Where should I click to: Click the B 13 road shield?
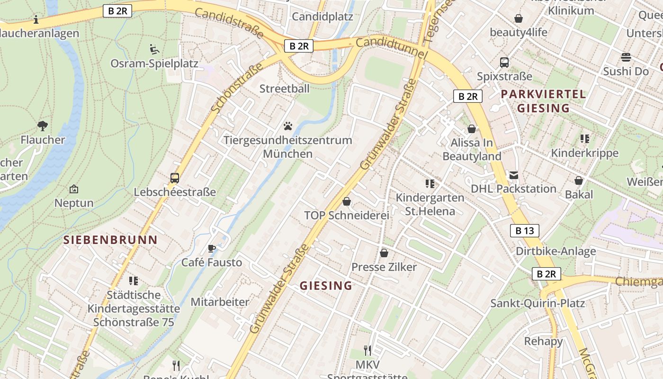pyautogui.click(x=524, y=231)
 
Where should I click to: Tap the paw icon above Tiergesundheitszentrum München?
pyautogui.click(x=288, y=126)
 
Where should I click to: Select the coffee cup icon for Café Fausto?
pyautogui.click(x=212, y=248)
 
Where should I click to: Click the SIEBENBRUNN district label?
pyautogui.click(x=110, y=240)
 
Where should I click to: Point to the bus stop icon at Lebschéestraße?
pyautogui.click(x=175, y=178)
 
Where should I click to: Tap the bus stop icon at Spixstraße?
pyautogui.click(x=504, y=62)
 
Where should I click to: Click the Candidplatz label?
pyautogui.click(x=322, y=17)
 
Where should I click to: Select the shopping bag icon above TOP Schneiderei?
pyautogui.click(x=347, y=201)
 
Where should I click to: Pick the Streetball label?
pyautogui.click(x=284, y=89)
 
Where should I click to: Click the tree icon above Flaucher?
pyautogui.click(x=43, y=126)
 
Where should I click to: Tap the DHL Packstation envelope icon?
pyautogui.click(x=513, y=175)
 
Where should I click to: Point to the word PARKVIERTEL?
pyautogui.click(x=543, y=94)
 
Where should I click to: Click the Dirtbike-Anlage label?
pyautogui.click(x=555, y=251)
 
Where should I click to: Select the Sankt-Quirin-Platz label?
pyautogui.click(x=538, y=303)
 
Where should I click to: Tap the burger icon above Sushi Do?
pyautogui.click(x=626, y=57)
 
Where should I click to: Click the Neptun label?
pyautogui.click(x=74, y=203)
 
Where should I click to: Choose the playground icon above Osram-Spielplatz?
pyautogui.click(x=154, y=49)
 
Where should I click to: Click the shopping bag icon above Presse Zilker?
pyautogui.click(x=384, y=253)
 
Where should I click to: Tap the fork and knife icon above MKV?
pyautogui.click(x=367, y=350)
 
